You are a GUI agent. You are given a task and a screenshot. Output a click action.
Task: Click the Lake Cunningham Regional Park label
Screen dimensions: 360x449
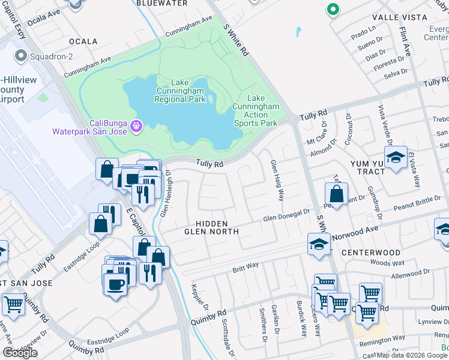[x=179, y=91]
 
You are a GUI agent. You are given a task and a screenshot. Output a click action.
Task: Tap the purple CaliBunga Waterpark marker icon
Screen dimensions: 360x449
[x=137, y=126]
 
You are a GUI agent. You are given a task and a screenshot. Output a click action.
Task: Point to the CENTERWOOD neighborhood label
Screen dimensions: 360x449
[x=370, y=253]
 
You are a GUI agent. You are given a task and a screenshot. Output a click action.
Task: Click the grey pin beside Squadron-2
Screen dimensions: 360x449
[x=21, y=57]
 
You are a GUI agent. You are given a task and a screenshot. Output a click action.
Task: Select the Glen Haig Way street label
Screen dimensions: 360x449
[x=277, y=179]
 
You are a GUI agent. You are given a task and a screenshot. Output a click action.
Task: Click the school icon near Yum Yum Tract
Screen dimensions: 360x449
[x=396, y=158]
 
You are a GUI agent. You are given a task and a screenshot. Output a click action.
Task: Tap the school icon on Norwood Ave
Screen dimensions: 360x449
[x=319, y=244]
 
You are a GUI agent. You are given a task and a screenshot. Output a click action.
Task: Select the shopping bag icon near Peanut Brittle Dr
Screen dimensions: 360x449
[x=336, y=194]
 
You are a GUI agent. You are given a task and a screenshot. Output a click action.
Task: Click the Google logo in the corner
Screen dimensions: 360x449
[x=20, y=353]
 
